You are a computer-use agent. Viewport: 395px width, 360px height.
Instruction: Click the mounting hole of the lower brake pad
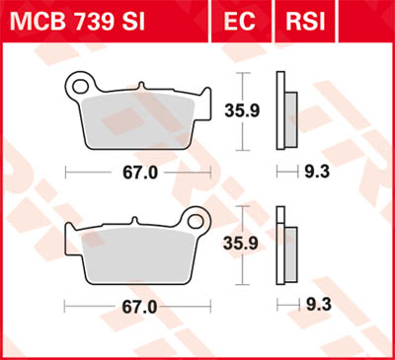196,219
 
